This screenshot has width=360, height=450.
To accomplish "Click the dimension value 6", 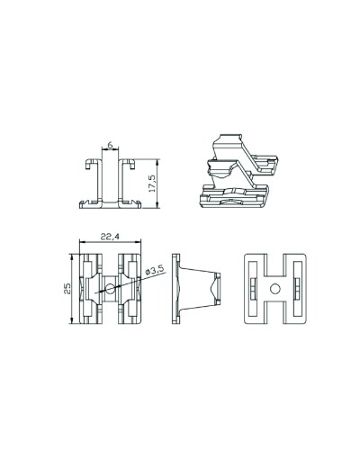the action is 110,145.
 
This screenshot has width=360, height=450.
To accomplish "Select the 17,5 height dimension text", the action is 152,184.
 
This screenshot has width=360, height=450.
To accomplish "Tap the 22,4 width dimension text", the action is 110,237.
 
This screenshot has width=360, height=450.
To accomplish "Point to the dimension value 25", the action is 67,288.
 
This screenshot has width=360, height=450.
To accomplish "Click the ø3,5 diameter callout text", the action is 155,270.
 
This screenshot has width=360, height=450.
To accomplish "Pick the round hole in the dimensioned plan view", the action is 110,289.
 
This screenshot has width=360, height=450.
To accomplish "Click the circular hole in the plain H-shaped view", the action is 275,289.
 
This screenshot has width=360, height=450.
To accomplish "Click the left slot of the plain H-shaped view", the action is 254,289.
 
